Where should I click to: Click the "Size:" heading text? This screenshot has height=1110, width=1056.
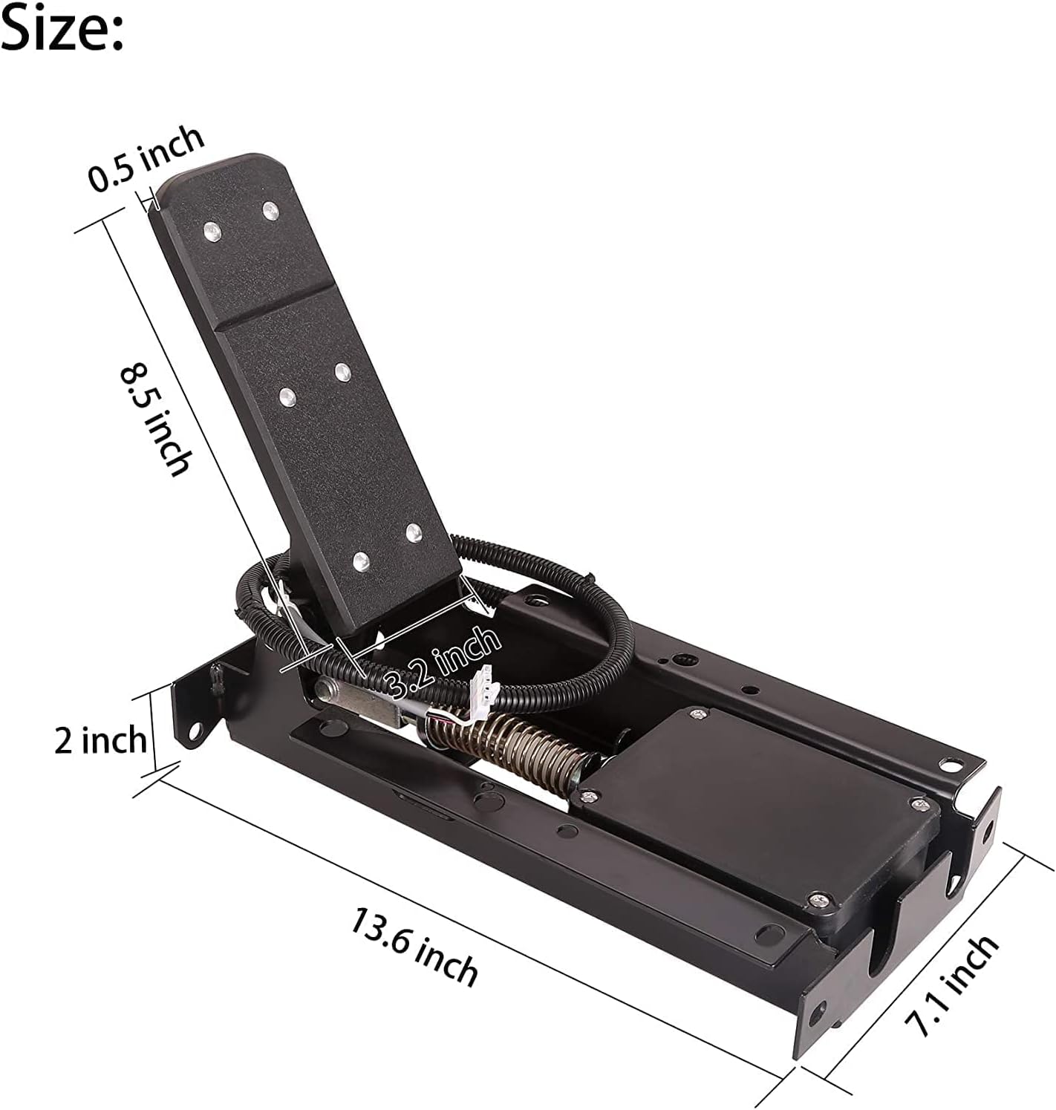coord(62,28)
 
